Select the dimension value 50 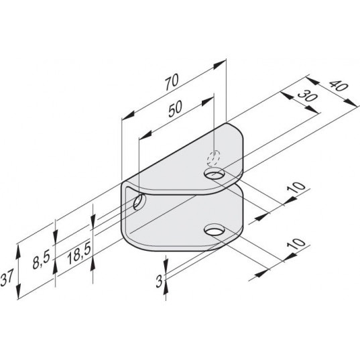(x=176, y=109)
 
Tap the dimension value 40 (x=339, y=86)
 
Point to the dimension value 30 (x=308, y=96)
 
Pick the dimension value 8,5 (x=41, y=259)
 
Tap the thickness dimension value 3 (x=159, y=281)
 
